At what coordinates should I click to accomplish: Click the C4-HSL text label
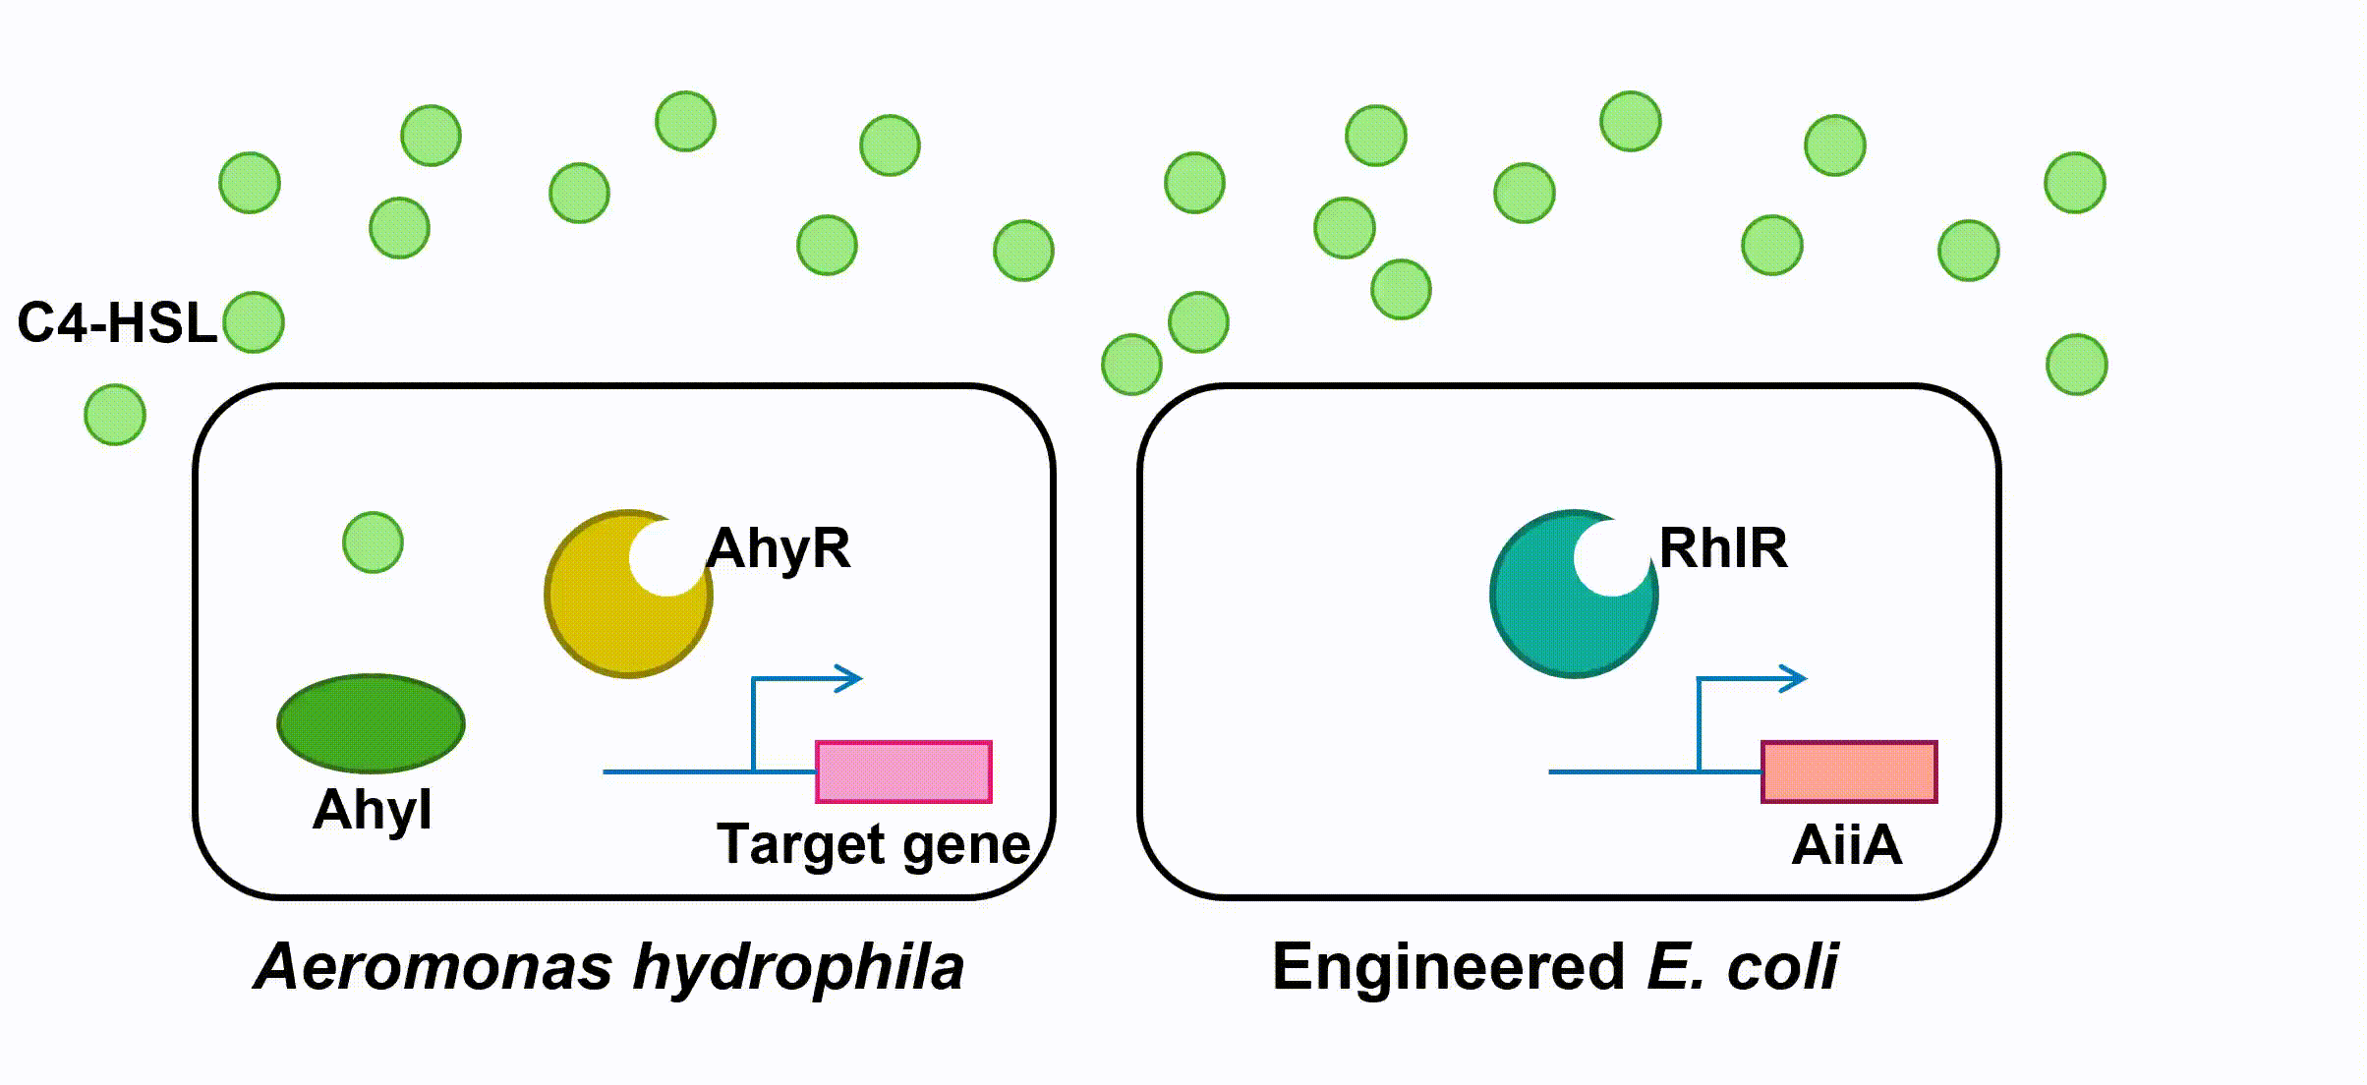[116, 322]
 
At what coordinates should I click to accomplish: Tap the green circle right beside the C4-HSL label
[254, 322]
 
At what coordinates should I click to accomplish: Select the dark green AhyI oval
[371, 723]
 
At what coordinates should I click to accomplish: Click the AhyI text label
[372, 810]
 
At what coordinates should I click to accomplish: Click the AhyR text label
[779, 547]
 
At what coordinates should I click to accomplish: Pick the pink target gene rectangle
[903, 771]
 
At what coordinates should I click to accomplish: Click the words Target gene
[873, 844]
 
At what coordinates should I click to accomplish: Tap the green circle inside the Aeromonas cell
[373, 542]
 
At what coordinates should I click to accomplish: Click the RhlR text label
[1723, 547]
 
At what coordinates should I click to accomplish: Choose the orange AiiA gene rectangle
[1849, 771]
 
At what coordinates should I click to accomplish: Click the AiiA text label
[1847, 844]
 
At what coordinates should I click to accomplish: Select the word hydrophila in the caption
[798, 968]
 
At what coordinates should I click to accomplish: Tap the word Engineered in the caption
[1449, 968]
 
